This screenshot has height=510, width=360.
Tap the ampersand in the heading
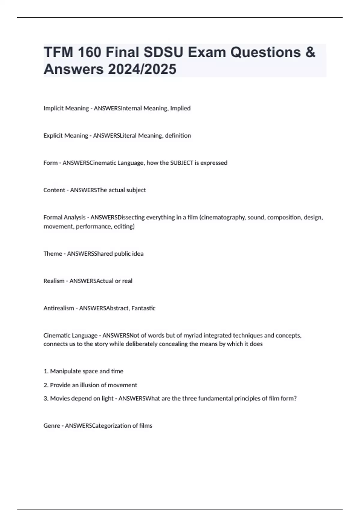310,52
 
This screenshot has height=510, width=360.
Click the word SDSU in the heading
163,52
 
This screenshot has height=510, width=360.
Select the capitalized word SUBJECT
181,163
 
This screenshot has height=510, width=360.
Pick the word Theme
52,254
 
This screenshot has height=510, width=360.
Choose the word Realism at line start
54,281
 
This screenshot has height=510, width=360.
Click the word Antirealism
58,308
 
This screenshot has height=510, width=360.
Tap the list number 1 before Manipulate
46,371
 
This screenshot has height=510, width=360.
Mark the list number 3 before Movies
46,399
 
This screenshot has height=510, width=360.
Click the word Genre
52,426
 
